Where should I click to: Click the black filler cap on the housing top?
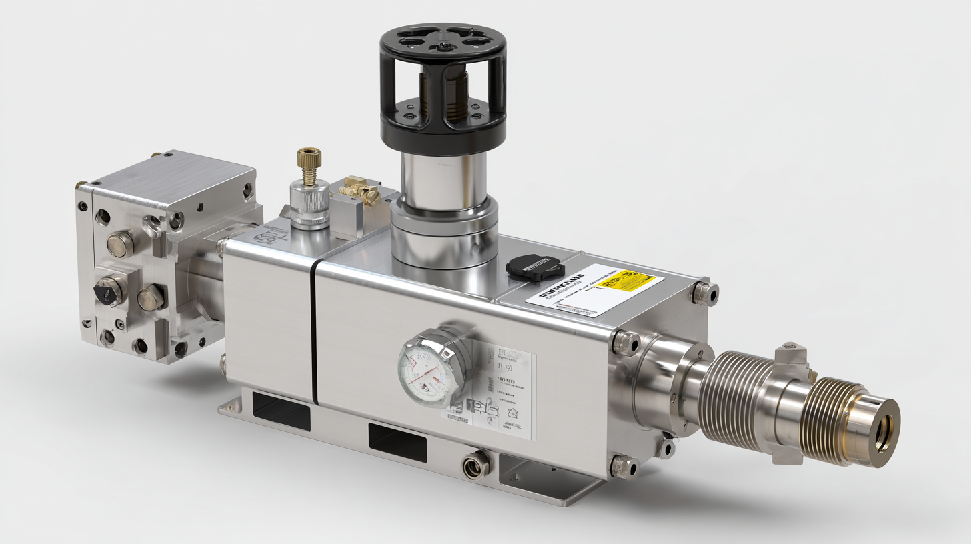535,268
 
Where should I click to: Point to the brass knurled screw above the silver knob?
309,163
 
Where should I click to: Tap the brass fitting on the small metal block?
361,193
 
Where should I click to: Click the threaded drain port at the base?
475,464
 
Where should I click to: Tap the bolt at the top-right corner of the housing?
703,292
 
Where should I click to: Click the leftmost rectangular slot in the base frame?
281,411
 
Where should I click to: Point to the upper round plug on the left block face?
120,244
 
